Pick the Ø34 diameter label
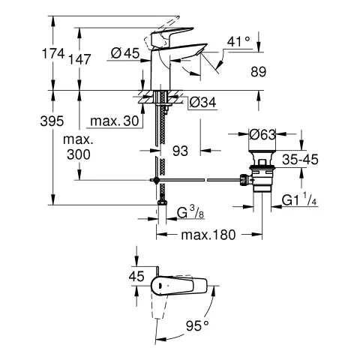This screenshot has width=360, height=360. (x=203, y=102)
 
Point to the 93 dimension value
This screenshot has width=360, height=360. (x=181, y=151)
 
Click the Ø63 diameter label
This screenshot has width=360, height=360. (x=262, y=134)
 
